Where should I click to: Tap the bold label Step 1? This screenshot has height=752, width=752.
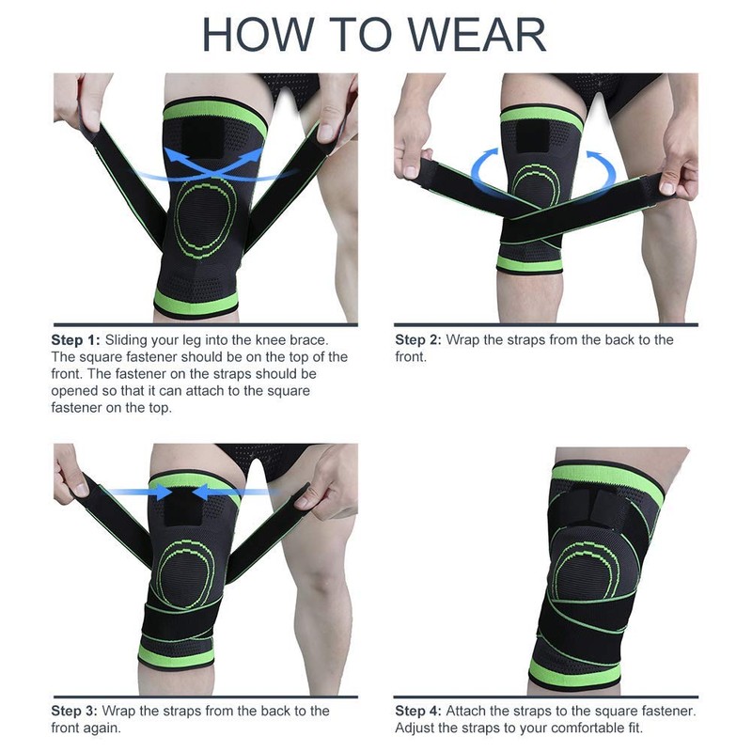[x=75, y=339]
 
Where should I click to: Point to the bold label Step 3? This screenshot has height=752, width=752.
[x=75, y=711]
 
